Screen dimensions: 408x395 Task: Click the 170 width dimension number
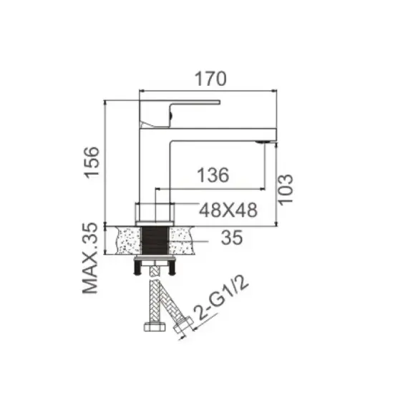point(210,79)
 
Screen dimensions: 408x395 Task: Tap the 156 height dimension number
point(92,162)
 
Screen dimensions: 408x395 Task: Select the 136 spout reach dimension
point(213,175)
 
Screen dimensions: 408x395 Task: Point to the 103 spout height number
point(286,190)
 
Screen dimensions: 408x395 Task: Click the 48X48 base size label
point(228,210)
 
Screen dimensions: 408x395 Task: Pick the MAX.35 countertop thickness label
point(90,258)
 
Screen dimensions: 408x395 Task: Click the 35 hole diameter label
point(232,238)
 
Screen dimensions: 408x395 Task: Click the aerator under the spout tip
point(263,142)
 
